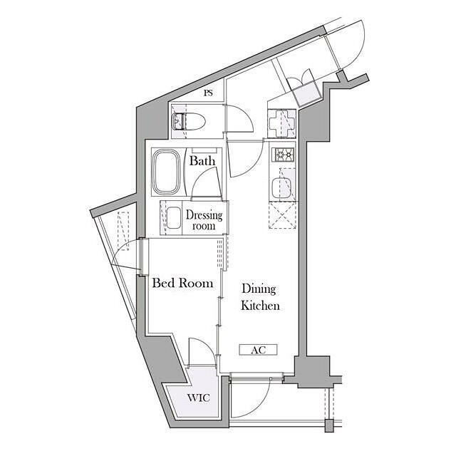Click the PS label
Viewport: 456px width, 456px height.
point(208,93)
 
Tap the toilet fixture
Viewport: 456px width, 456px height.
point(189,122)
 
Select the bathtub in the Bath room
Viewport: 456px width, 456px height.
point(166,172)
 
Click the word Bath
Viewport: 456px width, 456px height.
point(202,161)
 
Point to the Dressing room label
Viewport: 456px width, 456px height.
point(204,220)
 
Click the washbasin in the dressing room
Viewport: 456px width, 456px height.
point(174,217)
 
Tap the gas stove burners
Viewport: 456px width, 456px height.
point(283,154)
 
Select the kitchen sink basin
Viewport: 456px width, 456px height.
point(281,187)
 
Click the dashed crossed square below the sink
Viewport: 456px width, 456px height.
point(283,216)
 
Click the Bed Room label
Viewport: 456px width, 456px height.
point(182,284)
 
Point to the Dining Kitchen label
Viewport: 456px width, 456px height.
point(260,297)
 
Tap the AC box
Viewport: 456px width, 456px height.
point(258,350)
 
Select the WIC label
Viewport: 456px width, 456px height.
point(199,398)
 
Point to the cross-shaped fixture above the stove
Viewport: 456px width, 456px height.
point(281,123)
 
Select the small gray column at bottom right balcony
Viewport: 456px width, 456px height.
point(329,426)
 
